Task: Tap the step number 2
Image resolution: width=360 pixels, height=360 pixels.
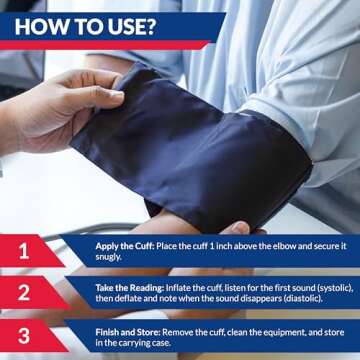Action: point(24,293)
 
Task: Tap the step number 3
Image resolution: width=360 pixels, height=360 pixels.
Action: point(24,336)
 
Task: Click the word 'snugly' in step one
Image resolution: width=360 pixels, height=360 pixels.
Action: point(111,256)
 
